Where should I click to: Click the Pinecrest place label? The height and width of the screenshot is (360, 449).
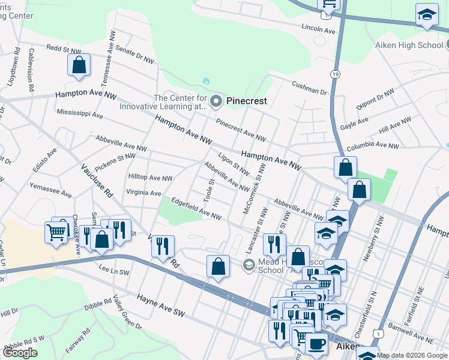246,101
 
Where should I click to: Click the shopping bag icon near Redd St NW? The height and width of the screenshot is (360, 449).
79,65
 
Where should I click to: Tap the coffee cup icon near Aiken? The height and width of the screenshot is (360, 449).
316,344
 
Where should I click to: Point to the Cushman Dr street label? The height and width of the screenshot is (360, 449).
310,88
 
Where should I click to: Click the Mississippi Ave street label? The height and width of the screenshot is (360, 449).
80,113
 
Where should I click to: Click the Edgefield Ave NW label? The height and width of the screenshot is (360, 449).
196,209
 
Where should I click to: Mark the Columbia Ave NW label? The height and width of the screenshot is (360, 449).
372,146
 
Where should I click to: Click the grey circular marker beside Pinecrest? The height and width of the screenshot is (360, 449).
216,101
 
